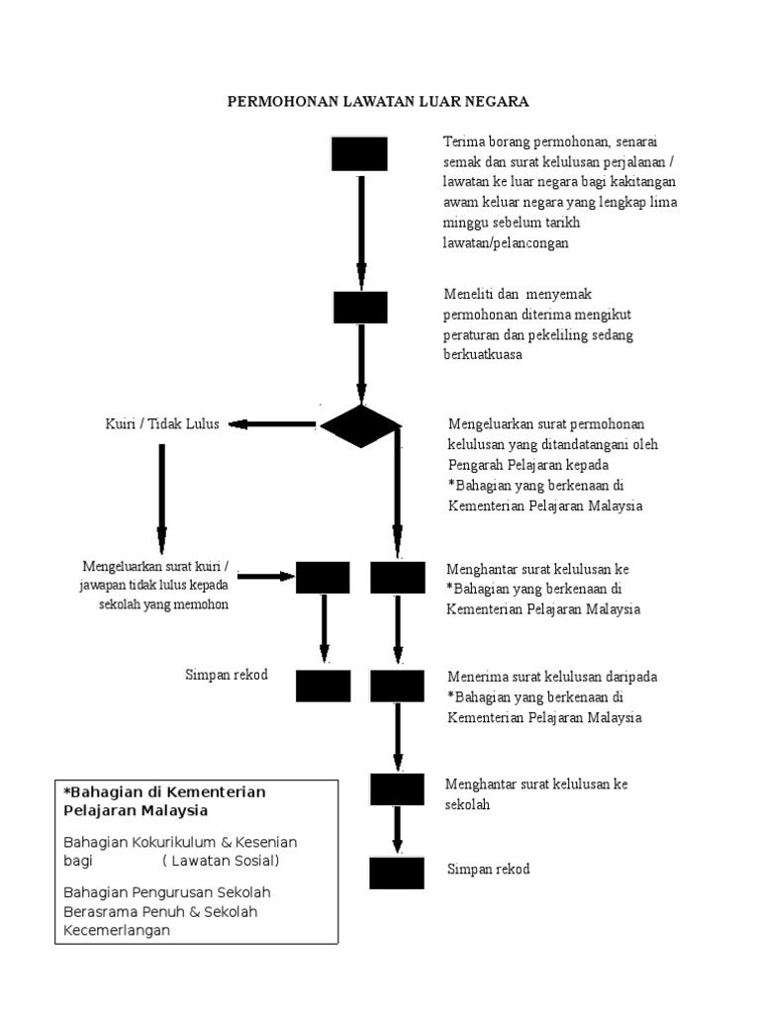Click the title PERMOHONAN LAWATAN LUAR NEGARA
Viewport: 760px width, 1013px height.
tap(379, 101)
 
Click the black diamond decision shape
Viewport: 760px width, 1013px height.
tap(359, 426)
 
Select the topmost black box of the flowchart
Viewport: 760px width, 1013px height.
tap(359, 153)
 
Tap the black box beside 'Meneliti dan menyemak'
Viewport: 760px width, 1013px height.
tap(359, 308)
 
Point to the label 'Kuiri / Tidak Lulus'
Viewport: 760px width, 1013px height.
tap(162, 424)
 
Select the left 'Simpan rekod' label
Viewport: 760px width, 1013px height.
tap(227, 675)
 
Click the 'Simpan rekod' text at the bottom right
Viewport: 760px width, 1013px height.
tap(488, 869)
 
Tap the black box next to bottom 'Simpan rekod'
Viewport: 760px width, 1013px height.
tap(397, 873)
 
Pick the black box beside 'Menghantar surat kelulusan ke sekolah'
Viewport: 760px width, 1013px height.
tap(397, 788)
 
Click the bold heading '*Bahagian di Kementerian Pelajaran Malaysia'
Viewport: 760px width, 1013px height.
tap(164, 801)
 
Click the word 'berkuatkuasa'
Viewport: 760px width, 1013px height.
tap(483, 354)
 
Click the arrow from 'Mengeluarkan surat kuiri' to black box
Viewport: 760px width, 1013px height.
tap(267, 576)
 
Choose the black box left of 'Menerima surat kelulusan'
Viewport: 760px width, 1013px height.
tap(397, 685)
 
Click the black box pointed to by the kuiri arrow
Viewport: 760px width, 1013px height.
tap(323, 577)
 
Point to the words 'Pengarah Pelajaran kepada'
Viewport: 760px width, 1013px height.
tap(527, 464)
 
